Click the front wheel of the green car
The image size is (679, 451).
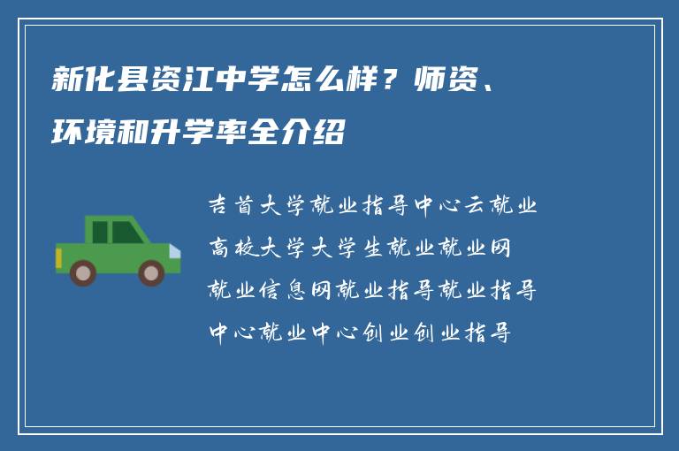[151, 271]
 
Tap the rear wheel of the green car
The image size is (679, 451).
[83, 271]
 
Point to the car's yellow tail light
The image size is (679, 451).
[58, 258]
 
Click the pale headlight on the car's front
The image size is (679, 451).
[174, 251]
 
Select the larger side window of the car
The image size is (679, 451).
[126, 232]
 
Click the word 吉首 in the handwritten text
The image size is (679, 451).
[232, 207]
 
